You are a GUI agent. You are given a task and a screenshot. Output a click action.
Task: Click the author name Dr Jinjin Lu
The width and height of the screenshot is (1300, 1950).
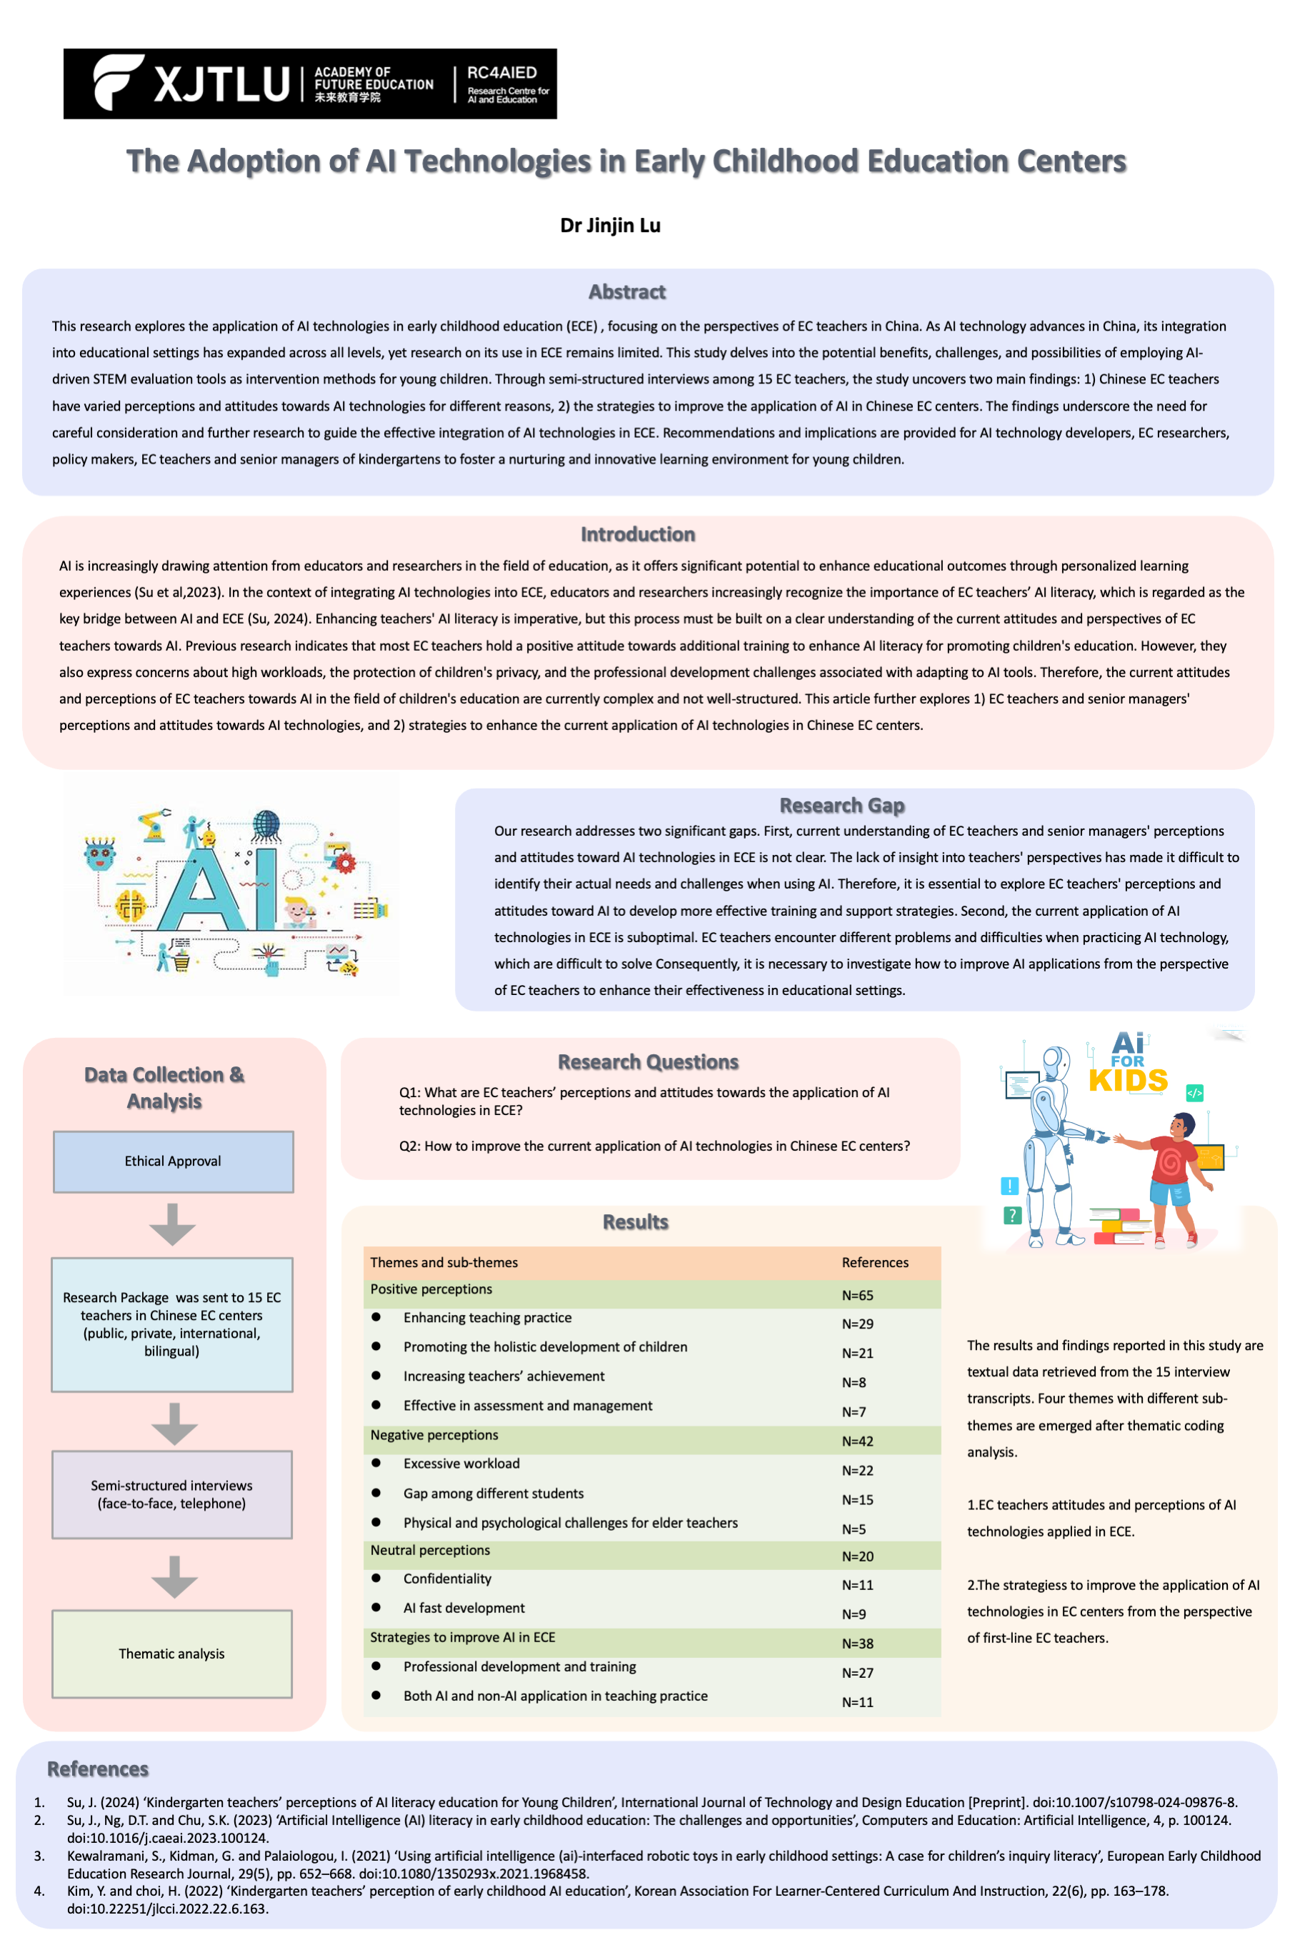click(x=610, y=226)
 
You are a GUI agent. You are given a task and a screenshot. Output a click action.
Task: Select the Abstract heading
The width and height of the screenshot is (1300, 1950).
click(x=627, y=292)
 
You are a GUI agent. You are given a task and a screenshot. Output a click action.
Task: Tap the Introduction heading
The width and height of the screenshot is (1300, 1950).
click(x=638, y=534)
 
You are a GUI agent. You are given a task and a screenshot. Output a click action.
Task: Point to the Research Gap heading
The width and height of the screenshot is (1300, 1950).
click(x=841, y=805)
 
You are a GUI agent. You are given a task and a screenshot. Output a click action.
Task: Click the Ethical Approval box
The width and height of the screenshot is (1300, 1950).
click(x=174, y=1161)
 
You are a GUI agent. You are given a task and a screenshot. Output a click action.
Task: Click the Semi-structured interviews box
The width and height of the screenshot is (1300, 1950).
click(x=171, y=1494)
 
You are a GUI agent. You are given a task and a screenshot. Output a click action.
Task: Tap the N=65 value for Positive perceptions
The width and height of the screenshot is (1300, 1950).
click(x=857, y=1295)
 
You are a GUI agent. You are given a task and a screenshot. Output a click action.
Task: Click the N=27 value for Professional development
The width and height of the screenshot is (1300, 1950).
click(x=857, y=1673)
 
